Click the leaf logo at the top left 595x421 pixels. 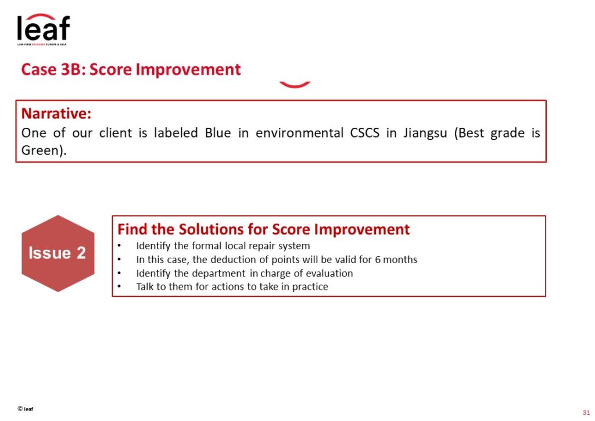43,29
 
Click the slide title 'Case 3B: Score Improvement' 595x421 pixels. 131,70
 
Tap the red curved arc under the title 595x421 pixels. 295,85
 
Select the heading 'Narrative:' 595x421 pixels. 56,113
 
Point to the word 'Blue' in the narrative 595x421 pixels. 218,133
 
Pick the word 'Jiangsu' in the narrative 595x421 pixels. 425,134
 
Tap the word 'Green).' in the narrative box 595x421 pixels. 44,150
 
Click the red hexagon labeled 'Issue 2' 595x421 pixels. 58,253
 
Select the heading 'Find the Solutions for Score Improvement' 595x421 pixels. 263,229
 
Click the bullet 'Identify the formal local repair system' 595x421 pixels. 223,246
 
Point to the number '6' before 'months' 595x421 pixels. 378,260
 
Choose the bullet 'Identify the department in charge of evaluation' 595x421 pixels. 245,274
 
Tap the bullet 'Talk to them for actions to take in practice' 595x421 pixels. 232,287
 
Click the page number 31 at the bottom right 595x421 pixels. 586,412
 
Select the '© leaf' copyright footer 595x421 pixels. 26,409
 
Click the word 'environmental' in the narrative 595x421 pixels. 299,133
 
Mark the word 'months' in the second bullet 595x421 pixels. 400,260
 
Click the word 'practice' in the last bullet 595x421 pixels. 310,287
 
